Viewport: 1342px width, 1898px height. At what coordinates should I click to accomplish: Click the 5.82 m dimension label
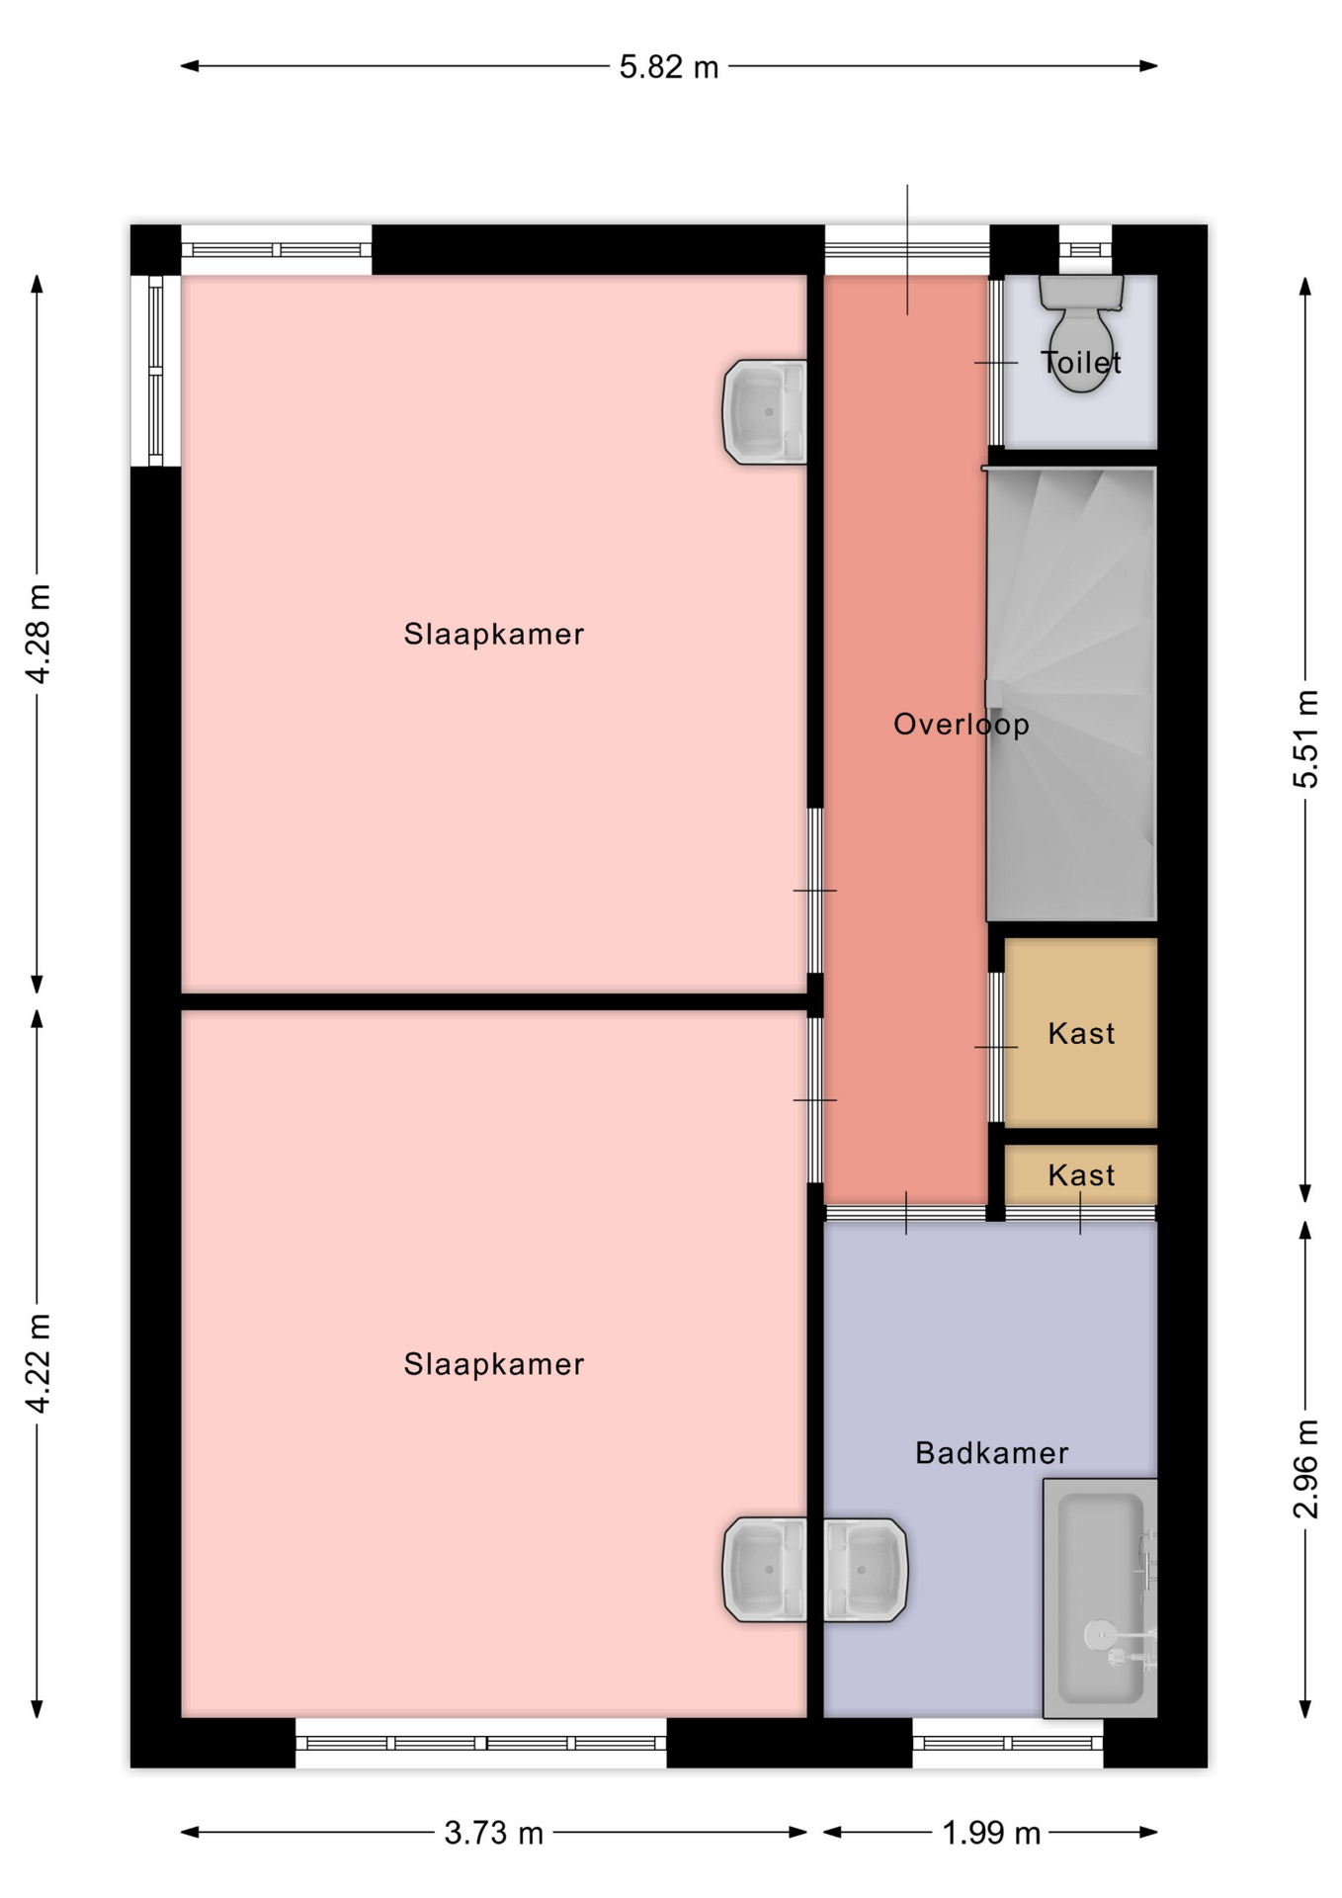pos(668,67)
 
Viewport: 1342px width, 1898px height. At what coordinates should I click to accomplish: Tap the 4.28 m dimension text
pos(38,634)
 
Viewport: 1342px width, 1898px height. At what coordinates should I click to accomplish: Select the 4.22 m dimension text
pos(38,1364)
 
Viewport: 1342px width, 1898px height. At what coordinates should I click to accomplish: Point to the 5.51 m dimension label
pos(1305,739)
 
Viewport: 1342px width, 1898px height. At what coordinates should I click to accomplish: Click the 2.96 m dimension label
pos(1305,1469)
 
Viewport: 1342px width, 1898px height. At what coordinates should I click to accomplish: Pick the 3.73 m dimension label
pos(493,1834)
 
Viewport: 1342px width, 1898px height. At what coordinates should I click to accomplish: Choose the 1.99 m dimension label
pos(991,1834)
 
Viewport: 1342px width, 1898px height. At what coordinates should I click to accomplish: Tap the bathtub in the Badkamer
pos(1100,1598)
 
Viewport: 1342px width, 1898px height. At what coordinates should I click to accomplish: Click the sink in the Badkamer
pos(866,1570)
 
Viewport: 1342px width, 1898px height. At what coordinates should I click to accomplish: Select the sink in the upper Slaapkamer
pos(765,412)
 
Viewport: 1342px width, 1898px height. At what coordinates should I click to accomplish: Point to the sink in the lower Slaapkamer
pos(765,1570)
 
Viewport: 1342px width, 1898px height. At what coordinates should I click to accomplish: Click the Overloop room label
pos(961,725)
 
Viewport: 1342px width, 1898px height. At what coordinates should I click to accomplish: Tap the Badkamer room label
pos(991,1453)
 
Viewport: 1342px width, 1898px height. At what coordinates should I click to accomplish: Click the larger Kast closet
pos(1080,1032)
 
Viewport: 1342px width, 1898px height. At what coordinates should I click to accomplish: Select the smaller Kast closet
pos(1080,1175)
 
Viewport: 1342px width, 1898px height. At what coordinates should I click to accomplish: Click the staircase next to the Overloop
pos(1071,694)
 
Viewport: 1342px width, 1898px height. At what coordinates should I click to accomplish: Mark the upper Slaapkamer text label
pos(493,634)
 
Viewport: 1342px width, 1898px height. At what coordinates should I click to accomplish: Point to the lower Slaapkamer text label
pos(493,1364)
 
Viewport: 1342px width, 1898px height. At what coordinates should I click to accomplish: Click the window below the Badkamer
pos(1007,1743)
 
